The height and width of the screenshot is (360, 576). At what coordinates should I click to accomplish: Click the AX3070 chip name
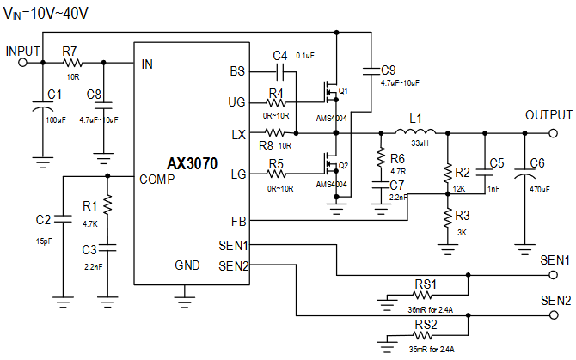pos(192,163)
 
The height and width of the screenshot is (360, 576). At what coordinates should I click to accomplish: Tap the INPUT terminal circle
pos(22,63)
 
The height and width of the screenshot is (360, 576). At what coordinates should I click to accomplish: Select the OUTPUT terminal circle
pos(554,133)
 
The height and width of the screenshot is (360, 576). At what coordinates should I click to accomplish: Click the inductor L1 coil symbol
pos(415,131)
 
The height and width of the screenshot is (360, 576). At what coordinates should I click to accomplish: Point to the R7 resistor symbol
pos(72,63)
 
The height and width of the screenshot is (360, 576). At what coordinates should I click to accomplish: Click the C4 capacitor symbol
pos(280,72)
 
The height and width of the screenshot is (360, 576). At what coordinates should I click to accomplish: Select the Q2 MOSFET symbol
pos(331,165)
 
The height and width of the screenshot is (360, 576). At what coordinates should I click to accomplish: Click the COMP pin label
pos(156,180)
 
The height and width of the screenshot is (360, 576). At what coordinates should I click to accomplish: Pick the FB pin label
pos(238,222)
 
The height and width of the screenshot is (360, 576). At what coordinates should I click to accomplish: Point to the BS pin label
pos(237,71)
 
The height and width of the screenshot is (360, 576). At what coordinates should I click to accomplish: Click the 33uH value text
pos(420,143)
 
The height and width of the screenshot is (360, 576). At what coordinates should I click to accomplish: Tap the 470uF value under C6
pos(540,190)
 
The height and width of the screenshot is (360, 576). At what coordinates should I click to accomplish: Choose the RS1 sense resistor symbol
pos(422,295)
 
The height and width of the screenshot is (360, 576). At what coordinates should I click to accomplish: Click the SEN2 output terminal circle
pos(554,314)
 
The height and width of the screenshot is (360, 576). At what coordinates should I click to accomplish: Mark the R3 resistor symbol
pos(448,218)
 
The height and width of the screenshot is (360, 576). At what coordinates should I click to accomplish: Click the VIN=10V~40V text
pos(46,14)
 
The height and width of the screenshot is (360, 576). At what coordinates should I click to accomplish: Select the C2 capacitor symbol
pos(63,219)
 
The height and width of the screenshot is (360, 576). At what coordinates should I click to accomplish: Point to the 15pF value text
pos(44,241)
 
